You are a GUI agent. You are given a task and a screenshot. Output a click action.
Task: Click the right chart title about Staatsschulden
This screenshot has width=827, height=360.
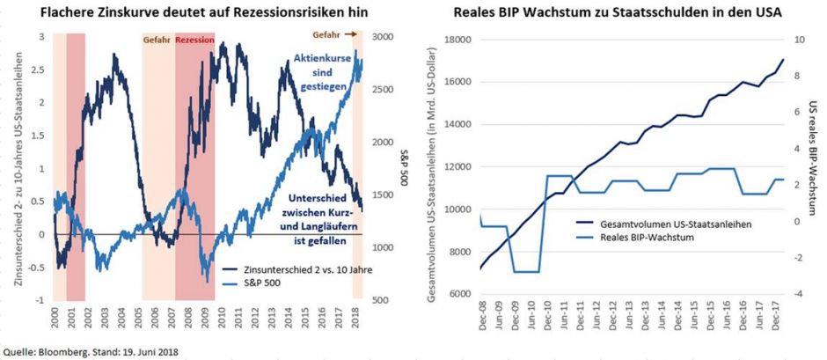coord(618,11)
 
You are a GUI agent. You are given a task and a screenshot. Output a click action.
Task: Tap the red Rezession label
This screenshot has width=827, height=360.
coord(195,40)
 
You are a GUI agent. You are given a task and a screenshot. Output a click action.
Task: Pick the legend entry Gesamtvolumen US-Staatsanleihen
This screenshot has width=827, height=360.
coord(675,224)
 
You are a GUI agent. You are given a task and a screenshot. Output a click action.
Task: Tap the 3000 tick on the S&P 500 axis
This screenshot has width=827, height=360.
coord(384,38)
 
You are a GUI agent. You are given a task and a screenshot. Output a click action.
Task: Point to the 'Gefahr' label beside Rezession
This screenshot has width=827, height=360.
coord(157,40)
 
